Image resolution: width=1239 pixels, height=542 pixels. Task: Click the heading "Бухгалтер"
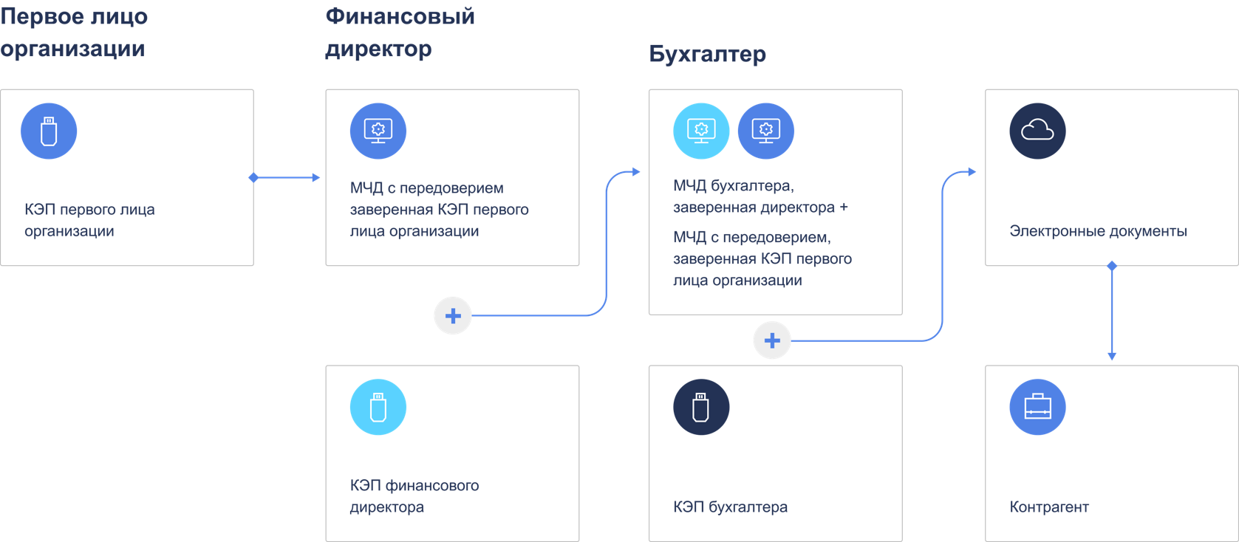707,54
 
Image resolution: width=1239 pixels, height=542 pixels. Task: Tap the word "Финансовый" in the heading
400,16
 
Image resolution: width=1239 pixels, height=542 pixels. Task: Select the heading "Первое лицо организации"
73,32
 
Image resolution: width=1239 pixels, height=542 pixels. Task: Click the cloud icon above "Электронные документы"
1037,131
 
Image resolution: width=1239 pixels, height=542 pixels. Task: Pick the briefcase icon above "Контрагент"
1037,407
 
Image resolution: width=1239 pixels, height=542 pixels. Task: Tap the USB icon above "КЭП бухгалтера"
700,407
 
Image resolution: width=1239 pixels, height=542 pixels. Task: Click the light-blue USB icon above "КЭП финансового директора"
378,407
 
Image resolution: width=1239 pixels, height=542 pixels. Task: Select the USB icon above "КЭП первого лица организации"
49,131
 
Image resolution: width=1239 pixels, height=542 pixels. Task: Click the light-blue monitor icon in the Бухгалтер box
700,131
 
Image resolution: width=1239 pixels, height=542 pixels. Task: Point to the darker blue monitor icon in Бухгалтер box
765,131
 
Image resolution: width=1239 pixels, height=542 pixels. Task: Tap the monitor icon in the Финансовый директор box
378,131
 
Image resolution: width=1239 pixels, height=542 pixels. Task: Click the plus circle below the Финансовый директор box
452,316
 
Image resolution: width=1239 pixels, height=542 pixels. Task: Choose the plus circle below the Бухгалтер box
771,340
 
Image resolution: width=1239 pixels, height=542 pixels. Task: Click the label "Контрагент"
1049,507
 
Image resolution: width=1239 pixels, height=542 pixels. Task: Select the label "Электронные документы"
1098,231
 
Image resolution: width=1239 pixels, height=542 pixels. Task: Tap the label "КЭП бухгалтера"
730,507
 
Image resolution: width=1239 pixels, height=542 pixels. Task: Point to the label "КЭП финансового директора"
414,496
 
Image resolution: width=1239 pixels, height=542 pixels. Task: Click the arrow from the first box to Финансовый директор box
287,177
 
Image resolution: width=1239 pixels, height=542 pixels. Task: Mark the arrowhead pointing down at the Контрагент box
1111,356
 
